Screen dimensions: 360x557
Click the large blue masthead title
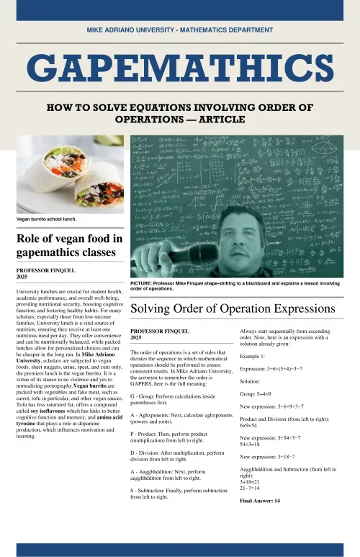pos(179,70)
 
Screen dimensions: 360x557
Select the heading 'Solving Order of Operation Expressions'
pos(233,308)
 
